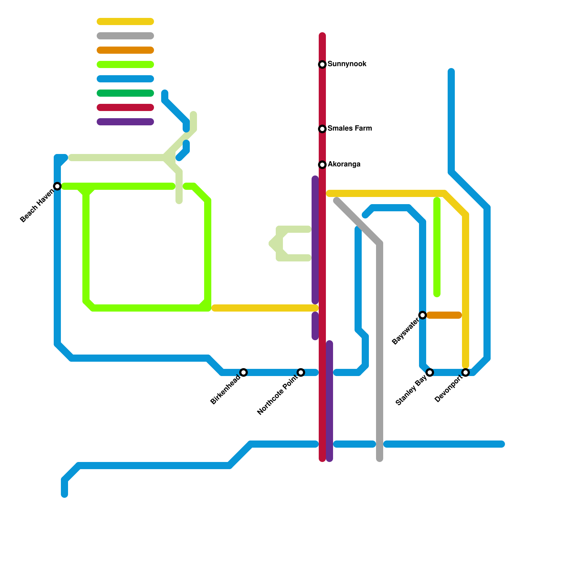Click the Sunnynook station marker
click(322, 64)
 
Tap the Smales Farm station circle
click(322, 129)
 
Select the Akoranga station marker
click(322, 165)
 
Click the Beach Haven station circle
click(57, 186)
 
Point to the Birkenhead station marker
click(244, 372)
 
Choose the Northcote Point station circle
click(301, 372)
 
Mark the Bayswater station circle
click(423, 315)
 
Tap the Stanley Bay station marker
click(430, 372)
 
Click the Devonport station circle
click(466, 372)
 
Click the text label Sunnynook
click(347, 64)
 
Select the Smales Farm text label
click(350, 129)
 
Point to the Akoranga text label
click(344, 164)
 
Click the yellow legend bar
click(125, 21)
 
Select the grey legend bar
click(125, 36)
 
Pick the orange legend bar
click(125, 50)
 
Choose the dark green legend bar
click(125, 93)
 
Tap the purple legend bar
click(125, 122)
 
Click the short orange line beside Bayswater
click(444, 315)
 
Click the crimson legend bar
click(125, 107)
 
